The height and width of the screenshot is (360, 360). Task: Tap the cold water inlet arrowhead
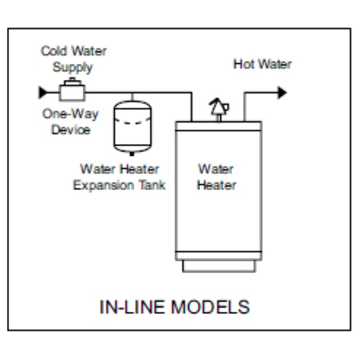point(43,93)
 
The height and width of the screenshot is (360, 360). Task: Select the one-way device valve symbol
point(72,91)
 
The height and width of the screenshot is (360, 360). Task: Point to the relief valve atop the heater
point(219,108)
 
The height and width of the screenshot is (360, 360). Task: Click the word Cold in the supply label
point(54,51)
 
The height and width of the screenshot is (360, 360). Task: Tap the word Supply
point(73,67)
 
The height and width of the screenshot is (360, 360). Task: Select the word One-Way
point(71,114)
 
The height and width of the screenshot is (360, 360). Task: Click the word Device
point(71,130)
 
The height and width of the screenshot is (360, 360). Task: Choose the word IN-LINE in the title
point(131,307)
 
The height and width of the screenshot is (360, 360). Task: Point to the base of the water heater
point(219,266)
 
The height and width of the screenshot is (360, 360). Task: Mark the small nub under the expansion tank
point(132,154)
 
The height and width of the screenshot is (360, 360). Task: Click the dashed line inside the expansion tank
point(132,123)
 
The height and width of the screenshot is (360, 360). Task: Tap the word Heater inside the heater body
point(217,185)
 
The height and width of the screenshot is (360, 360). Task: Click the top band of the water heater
point(219,126)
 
